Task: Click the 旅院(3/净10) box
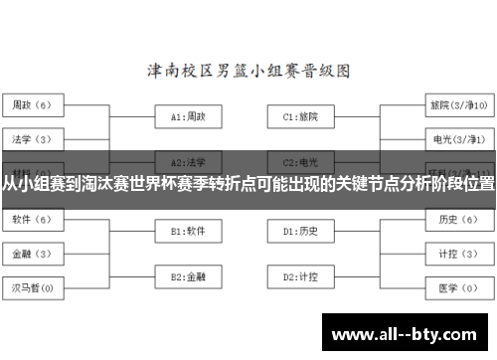[x=456, y=104]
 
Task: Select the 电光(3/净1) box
[x=456, y=138]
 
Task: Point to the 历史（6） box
[x=456, y=219]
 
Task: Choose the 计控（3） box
[x=456, y=254]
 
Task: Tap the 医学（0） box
[x=456, y=288]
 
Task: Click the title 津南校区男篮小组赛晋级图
[x=248, y=72]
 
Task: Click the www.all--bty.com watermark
[x=407, y=331]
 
